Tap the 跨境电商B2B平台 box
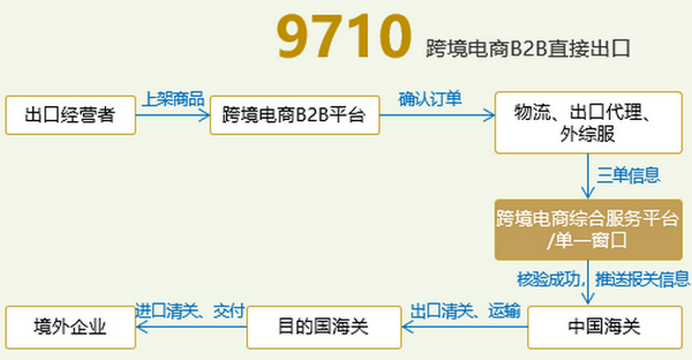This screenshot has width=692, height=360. [294, 115]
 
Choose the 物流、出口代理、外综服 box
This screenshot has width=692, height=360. [588, 123]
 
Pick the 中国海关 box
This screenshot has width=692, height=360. [590, 326]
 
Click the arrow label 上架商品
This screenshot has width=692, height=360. [173, 99]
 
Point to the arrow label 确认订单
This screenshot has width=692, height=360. [430, 99]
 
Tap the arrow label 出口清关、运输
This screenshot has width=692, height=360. [464, 310]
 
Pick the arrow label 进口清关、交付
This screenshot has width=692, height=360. [189, 310]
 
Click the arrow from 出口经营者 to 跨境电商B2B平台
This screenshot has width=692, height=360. [173, 115]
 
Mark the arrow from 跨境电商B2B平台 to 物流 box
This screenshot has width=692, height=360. [436, 115]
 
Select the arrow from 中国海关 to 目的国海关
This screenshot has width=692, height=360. [464, 327]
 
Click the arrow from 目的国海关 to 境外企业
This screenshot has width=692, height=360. [189, 327]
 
